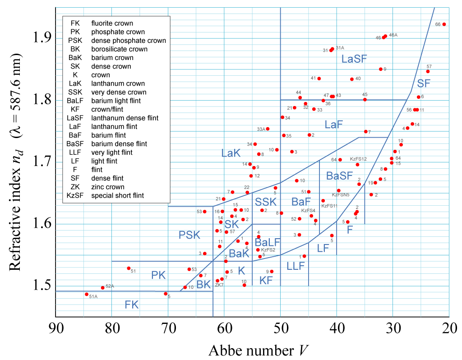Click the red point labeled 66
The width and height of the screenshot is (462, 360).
click(444, 24)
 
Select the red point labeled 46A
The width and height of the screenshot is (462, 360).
click(385, 36)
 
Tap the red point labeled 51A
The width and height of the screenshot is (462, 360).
click(87, 294)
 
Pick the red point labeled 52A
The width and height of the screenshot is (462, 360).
click(103, 287)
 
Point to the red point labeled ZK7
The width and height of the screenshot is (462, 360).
click(217, 281)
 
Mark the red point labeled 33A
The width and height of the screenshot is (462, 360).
click(268, 129)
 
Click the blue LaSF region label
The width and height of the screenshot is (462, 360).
click(354, 58)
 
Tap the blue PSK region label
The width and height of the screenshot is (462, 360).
click(189, 235)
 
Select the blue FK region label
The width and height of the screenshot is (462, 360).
click(132, 305)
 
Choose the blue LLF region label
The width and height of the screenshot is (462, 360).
click(296, 265)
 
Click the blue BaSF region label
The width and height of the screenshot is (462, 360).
click(339, 175)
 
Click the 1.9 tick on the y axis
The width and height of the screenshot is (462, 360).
click(42, 37)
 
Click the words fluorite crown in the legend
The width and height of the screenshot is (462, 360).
click(112, 23)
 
